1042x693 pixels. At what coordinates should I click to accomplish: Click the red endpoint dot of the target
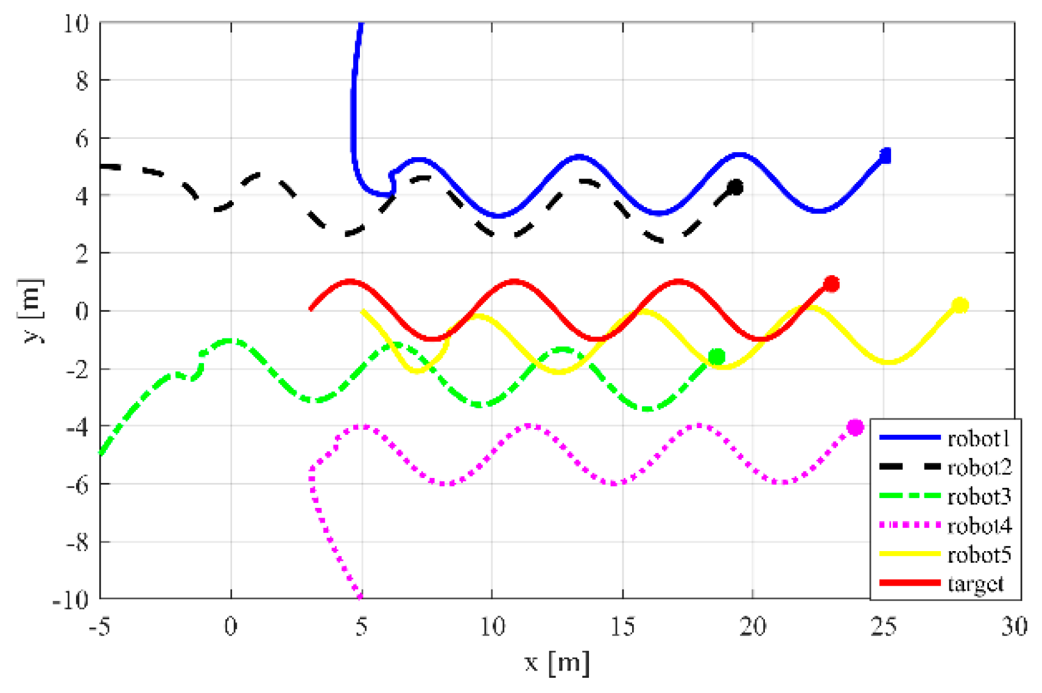click(831, 284)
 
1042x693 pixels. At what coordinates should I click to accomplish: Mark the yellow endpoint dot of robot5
click(960, 305)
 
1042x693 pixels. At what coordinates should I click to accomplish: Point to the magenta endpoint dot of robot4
click(855, 427)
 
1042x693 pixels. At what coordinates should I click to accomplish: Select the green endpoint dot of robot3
click(717, 357)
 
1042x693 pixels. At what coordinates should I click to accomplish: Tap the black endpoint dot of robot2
click(736, 187)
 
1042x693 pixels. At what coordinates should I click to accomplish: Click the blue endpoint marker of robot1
click(885, 156)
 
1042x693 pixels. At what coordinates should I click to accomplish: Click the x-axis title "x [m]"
click(557, 663)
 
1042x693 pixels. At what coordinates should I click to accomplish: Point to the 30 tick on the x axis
click(1014, 626)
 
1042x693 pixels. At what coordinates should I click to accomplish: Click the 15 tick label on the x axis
click(622, 626)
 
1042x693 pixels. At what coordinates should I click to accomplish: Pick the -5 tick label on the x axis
click(100, 626)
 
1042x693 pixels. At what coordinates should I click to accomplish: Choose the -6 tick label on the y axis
click(77, 485)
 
